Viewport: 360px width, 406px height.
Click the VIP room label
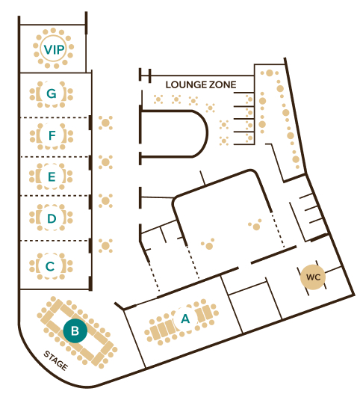click(54, 49)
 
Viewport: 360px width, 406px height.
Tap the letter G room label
click(52, 93)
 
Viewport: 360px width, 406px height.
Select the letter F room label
click(52, 135)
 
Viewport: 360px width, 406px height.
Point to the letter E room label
click(52, 176)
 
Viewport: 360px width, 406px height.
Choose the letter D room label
click(52, 218)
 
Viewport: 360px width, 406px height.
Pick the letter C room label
click(50, 266)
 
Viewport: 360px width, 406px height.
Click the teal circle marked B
click(75, 330)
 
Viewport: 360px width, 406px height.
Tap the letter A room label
click(185, 319)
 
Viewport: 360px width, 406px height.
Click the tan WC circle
click(313, 277)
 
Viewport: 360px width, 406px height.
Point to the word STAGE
click(56, 360)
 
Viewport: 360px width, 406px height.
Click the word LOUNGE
click(185, 84)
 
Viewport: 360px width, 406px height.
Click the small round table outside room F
click(105, 123)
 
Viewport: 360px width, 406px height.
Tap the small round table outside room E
click(105, 162)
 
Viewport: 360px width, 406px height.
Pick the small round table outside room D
click(105, 200)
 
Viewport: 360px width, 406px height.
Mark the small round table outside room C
click(105, 246)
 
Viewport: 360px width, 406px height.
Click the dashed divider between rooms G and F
click(55, 118)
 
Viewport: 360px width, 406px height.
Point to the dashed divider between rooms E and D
click(55, 196)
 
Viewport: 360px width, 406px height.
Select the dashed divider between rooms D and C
click(55, 241)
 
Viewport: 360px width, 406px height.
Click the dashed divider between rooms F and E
click(55, 157)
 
